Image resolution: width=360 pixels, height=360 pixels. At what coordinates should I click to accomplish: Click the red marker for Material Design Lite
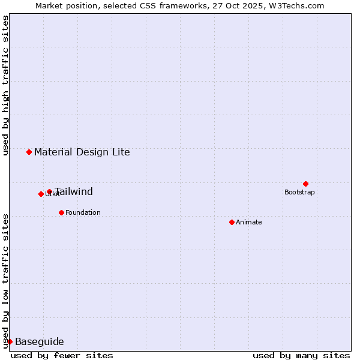pos(29,152)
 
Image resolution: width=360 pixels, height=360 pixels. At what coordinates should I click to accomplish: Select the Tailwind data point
pos(49,192)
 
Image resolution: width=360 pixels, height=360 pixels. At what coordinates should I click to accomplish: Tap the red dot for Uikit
pos(41,194)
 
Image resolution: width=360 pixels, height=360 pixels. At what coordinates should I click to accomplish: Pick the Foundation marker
pos(61,212)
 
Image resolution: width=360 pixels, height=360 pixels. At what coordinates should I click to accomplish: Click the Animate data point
pos(232,222)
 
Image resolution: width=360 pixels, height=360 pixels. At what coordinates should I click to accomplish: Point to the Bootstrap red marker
pos(305,184)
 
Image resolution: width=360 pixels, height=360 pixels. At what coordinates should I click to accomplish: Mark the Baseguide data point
pos(10,341)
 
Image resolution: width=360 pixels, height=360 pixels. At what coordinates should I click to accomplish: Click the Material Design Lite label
pos(82,152)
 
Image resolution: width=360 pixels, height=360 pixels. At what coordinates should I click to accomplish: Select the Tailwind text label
pos(74,192)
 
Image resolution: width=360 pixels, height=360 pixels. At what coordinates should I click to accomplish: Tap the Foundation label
pos(83,212)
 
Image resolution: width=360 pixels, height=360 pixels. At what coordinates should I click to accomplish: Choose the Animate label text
pos(249,222)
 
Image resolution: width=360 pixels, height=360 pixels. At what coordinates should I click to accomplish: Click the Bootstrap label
pos(299,192)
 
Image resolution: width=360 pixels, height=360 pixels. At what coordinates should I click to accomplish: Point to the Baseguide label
pos(39,341)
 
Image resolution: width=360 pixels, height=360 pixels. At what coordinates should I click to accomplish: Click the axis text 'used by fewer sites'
pos(62,355)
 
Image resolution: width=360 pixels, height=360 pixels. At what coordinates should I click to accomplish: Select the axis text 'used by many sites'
pos(301,355)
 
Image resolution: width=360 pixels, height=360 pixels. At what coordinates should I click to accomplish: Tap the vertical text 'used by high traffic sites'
pos(5,85)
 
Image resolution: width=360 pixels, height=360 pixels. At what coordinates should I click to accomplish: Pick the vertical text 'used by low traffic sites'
pos(5,280)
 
